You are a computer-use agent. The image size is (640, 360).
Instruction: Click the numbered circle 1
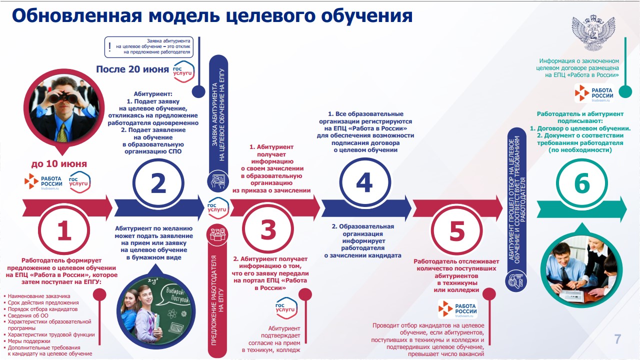point(64,230)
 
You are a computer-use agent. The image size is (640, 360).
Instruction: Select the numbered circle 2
point(158,183)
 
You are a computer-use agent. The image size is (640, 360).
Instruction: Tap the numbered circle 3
point(268,229)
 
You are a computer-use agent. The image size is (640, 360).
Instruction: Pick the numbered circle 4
point(365,182)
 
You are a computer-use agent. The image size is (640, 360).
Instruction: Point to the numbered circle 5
point(456,230)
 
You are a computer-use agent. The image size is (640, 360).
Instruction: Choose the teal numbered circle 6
point(582,183)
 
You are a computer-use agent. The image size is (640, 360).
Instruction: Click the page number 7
point(617,339)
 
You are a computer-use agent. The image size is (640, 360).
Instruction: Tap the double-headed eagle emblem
point(593,33)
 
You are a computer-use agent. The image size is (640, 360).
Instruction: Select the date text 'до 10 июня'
point(59,163)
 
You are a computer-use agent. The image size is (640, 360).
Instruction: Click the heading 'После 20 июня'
point(132,69)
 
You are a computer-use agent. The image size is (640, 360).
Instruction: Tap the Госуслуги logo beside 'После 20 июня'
point(183,71)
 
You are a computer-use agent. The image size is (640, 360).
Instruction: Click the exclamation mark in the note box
point(109,46)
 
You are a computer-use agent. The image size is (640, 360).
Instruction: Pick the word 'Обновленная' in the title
point(77,15)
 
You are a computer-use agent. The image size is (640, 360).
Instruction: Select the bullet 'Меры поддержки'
point(29,341)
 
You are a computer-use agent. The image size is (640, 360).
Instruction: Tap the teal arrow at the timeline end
point(581,209)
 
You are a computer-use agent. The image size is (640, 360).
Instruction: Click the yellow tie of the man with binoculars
point(62,132)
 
